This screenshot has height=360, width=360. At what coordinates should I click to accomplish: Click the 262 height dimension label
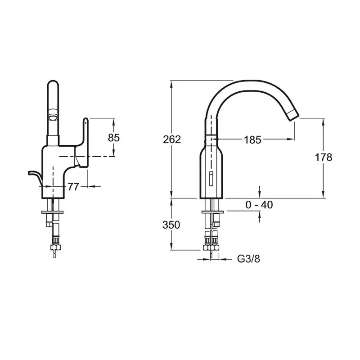tap(172, 139)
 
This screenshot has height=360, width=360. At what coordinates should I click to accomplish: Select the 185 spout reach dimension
tap(252, 140)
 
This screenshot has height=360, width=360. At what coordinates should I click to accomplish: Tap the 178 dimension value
tap(324, 157)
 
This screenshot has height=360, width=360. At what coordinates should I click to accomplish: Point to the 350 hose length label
tap(171, 225)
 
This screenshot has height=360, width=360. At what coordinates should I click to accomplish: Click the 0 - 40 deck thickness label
tap(259, 205)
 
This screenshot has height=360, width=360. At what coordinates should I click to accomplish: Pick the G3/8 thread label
tap(248, 259)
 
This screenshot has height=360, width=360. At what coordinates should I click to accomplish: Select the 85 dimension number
tap(114, 138)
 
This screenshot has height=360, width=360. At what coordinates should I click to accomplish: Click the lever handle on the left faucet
tap(85, 135)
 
